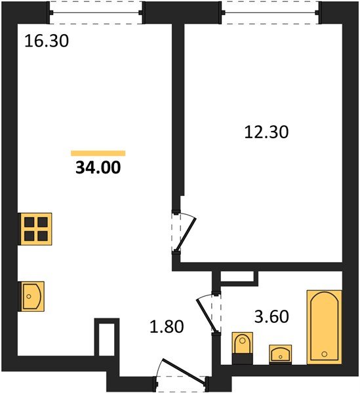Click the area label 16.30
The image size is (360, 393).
pos(47,41)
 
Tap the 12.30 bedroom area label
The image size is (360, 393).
pos(266,132)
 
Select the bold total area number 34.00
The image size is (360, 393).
pos(98,168)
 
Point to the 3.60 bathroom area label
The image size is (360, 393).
pos(271,316)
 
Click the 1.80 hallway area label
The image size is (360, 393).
pos(167,327)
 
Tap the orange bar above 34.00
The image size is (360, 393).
pos(98,153)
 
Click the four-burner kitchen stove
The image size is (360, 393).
pos(35,229)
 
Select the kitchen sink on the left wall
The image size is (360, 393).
pos(31,296)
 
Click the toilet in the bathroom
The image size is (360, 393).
pos(243,348)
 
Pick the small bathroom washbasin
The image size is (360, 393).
pos(281,354)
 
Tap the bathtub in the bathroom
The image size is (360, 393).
pos(325,327)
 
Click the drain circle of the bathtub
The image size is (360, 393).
pos(325,354)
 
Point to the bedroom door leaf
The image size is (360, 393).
pos(186,234)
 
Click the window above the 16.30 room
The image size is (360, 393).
pos(96,12)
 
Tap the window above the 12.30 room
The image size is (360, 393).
pos(271,12)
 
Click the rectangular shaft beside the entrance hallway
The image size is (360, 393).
pos(107,337)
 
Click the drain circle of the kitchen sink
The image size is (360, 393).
pos(29,297)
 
